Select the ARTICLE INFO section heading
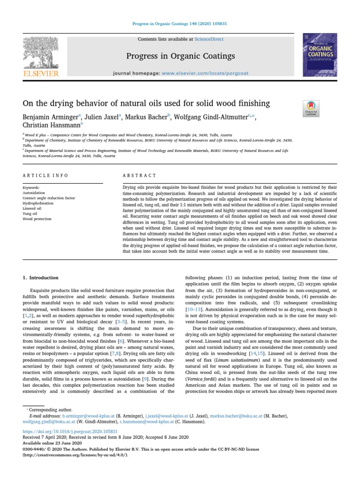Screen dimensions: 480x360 coord(45,175)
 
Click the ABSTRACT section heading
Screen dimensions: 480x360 coord(139,175)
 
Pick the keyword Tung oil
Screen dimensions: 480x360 coord(30,213)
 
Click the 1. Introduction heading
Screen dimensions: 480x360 coord(41,277)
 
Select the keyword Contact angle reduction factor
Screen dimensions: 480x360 coord(49,198)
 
